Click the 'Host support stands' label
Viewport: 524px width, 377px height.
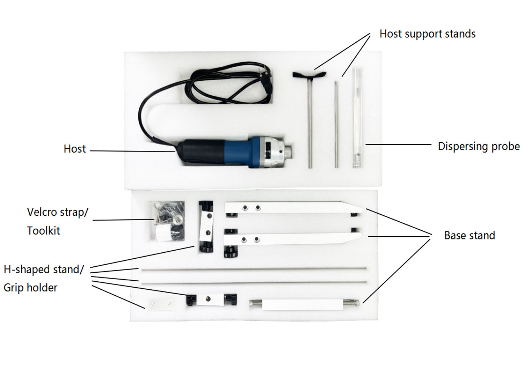coord(427,34)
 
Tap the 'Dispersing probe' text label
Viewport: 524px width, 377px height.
coord(479,146)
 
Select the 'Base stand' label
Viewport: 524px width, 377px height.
coord(469,236)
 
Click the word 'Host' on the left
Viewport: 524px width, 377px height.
coord(74,149)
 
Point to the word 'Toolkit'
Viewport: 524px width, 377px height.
coord(44,231)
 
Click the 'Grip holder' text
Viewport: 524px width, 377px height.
coord(30,288)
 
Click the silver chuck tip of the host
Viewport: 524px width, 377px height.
coord(287,152)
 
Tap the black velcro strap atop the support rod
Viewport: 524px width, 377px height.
coord(309,75)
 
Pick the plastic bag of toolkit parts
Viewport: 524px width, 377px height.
coord(168,221)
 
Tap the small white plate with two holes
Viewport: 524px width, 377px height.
coord(161,304)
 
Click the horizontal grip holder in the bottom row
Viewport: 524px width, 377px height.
coord(211,300)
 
